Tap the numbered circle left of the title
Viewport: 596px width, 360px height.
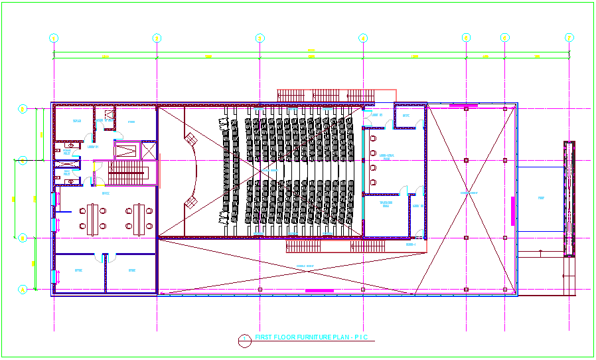coord(244,339)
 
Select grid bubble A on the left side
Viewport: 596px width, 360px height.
coord(22,290)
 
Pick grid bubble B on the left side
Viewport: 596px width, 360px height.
coord(22,237)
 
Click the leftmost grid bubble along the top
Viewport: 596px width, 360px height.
coord(54,38)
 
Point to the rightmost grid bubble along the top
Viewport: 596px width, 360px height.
coord(569,38)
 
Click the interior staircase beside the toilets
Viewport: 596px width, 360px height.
coord(126,177)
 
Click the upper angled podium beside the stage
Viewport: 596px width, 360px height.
coord(190,139)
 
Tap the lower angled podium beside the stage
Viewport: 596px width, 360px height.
coord(191,201)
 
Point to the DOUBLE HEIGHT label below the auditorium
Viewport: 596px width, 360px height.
coord(306,268)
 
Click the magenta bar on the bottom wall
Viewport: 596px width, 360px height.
coord(319,290)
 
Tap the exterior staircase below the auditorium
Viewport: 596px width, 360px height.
coord(335,246)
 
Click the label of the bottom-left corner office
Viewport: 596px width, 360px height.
coord(78,270)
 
